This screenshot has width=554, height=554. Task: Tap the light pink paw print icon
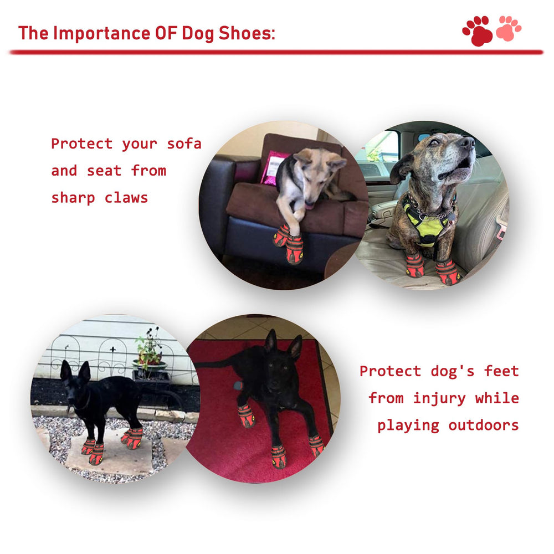point(508,28)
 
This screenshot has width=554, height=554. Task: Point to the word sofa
point(184,144)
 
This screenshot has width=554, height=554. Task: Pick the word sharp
point(73,198)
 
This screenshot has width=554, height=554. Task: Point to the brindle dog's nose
point(468,143)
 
